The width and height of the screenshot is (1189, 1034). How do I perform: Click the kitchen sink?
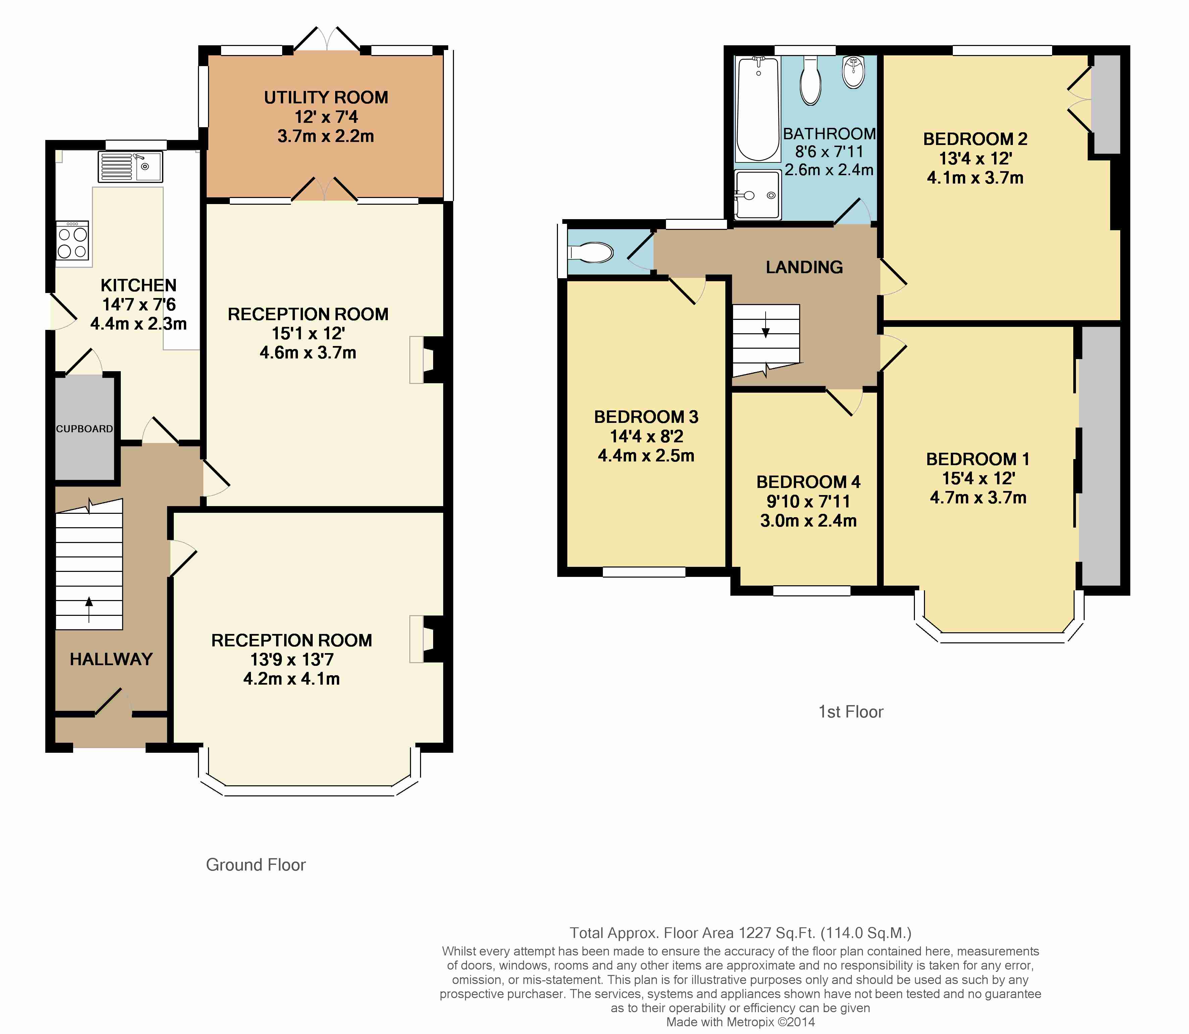tap(131, 167)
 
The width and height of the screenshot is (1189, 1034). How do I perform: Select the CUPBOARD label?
tap(84, 429)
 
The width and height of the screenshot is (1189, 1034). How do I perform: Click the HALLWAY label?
tap(111, 659)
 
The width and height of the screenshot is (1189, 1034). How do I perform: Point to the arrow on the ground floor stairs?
tap(89, 610)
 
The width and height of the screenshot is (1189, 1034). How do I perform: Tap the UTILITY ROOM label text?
tap(326, 98)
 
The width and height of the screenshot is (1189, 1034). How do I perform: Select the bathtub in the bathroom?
tap(758, 109)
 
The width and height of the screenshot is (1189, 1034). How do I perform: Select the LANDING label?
tap(804, 267)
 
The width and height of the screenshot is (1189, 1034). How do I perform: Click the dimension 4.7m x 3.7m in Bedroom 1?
tap(978, 497)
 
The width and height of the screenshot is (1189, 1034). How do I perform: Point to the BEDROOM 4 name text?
tap(808, 482)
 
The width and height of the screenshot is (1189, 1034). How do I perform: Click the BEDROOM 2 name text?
tap(975, 139)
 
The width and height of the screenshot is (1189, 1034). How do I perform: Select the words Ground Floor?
tap(256, 865)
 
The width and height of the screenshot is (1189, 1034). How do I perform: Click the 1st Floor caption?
tap(851, 711)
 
